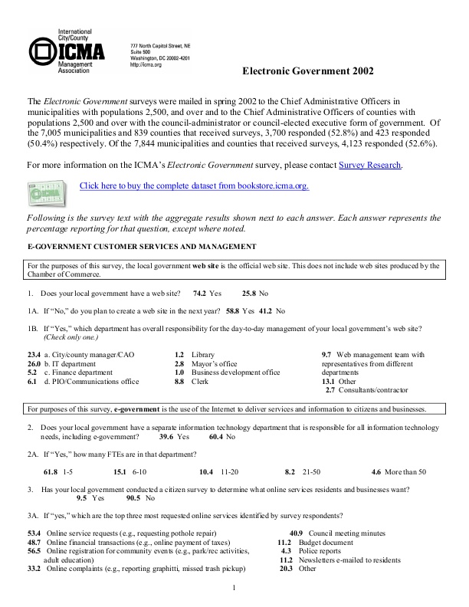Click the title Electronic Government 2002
point(308,72)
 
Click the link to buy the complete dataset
point(194,186)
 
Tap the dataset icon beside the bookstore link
point(46,189)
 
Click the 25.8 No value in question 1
point(255,294)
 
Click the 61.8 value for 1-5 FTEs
point(51,472)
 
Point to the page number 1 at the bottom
point(234,588)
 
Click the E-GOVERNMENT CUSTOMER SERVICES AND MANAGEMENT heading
point(142,246)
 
